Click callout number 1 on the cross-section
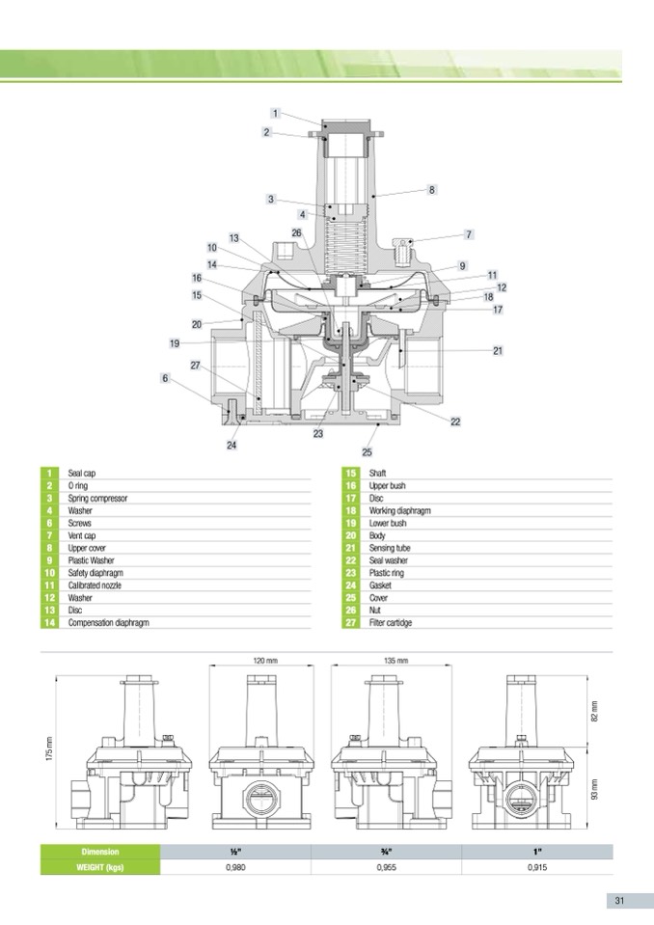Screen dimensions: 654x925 click(275, 113)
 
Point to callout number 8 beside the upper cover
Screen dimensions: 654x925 click(432, 189)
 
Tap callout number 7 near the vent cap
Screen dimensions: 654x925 click(469, 234)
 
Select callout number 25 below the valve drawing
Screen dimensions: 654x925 click(367, 451)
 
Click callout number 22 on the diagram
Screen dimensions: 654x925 click(455, 422)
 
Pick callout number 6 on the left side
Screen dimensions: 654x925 click(165, 377)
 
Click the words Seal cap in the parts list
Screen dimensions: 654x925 click(81, 474)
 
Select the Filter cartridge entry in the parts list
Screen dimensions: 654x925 click(391, 622)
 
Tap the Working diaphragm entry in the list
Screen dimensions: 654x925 click(400, 510)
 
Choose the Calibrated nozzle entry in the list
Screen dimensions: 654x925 click(95, 585)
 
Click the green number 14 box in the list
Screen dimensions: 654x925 click(49, 622)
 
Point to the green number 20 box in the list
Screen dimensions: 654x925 click(351, 535)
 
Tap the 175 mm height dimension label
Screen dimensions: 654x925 click(49, 748)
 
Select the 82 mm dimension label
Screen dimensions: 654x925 click(594, 711)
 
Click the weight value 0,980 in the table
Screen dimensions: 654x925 click(236, 867)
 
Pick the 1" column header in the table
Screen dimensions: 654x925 click(537, 852)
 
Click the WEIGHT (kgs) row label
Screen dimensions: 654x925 click(100, 867)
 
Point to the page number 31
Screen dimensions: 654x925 click(619, 901)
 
